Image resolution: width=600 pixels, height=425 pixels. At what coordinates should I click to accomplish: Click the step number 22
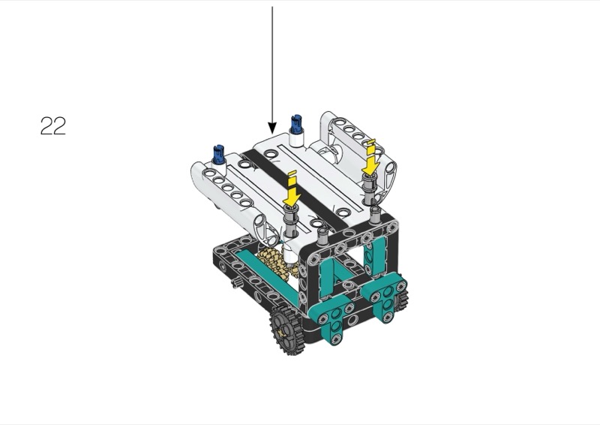click(52, 125)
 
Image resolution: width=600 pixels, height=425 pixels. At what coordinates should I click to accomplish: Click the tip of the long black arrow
click(272, 134)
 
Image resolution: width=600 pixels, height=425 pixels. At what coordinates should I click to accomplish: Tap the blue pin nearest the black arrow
click(296, 123)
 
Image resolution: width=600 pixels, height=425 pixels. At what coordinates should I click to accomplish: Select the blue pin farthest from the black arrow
click(218, 154)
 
